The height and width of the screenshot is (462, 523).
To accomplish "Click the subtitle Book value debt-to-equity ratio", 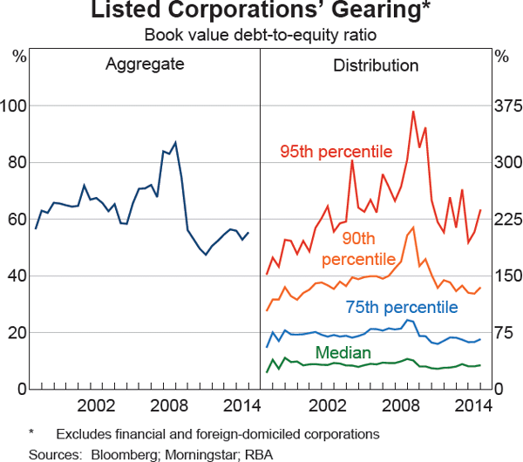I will coord(261,37).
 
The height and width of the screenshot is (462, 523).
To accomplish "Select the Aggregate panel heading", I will coord(145,65).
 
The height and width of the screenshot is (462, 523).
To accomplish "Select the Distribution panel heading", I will coord(376,65).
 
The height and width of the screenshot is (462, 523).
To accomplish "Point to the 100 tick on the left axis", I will coord(16,106).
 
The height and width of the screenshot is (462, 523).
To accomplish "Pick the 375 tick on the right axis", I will coord(506,106).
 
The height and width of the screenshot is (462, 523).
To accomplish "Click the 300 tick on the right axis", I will coord(506,163).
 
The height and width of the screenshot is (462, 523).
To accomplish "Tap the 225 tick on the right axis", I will coord(506,220).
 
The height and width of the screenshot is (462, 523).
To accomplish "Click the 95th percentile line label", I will coord(336,152).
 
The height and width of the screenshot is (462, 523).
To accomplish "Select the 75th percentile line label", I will coord(401,307).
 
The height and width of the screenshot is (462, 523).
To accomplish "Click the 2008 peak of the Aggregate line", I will coord(175,142).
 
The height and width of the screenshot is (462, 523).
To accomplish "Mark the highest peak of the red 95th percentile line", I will coord(412,112).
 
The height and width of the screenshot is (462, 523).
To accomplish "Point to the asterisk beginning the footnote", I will coord(31,432).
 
